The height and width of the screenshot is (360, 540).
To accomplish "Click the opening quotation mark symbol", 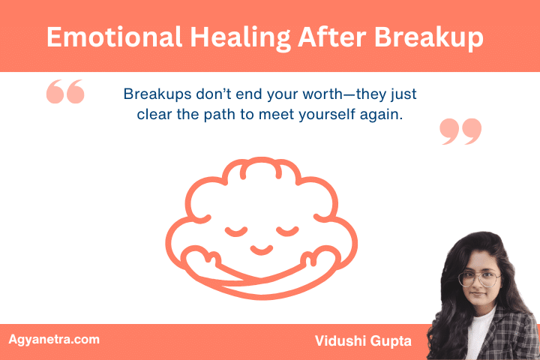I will tap(65, 93).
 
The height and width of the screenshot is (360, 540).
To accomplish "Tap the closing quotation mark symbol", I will tap(460, 131).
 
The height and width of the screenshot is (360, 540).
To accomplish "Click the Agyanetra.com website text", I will tap(53, 340).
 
